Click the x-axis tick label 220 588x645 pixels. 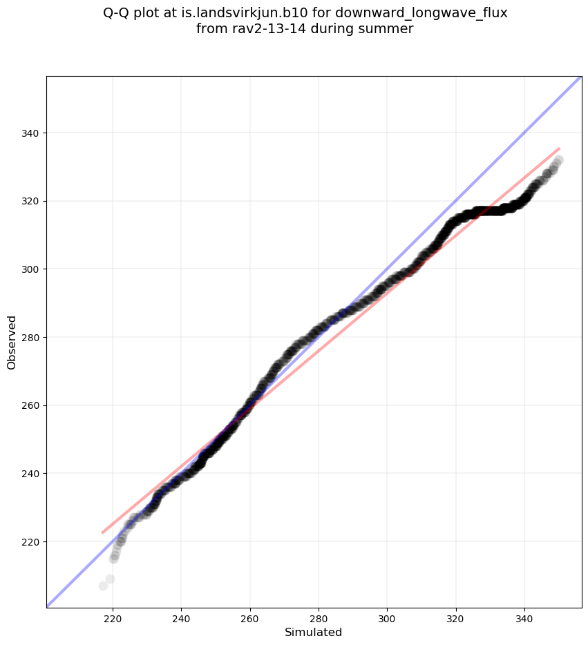point(113,618)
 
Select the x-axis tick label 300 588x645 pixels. point(387,618)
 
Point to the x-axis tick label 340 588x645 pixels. point(524,618)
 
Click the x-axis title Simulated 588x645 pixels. point(314,632)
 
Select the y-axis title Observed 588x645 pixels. point(12,342)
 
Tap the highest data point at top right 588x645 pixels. point(558,160)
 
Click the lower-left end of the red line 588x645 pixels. point(102,532)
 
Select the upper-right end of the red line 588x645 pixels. point(559,148)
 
